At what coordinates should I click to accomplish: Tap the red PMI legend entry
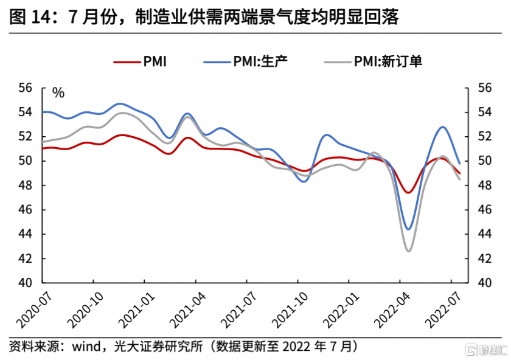(141, 61)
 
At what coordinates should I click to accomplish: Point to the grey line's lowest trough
(408, 251)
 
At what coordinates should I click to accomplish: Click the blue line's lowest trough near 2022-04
(408, 229)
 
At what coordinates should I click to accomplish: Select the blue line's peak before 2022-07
(442, 127)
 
